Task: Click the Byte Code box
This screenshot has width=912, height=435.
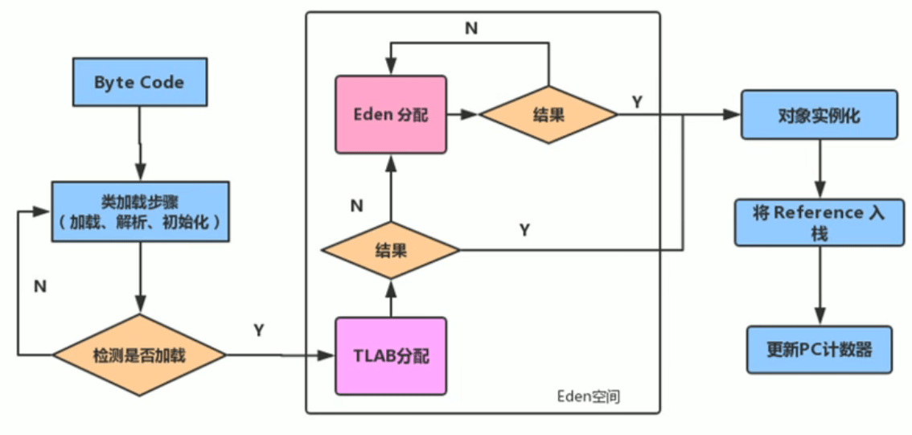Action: point(139,83)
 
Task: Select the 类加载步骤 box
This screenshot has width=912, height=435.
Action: point(140,211)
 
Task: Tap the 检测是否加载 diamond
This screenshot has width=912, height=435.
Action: point(139,354)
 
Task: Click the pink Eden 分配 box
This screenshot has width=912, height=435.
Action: point(390,114)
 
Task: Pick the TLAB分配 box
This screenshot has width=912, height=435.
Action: point(390,355)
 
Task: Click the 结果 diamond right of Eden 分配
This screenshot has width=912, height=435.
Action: point(548,114)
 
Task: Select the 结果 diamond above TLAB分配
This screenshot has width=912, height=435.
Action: point(390,250)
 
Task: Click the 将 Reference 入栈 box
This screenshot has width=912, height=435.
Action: point(819,222)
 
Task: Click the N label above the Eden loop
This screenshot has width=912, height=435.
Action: point(471,28)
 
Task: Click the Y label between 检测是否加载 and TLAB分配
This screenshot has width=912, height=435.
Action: point(259,330)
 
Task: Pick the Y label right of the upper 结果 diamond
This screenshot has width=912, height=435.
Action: point(637,101)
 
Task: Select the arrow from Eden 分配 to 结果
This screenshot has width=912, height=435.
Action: point(462,115)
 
